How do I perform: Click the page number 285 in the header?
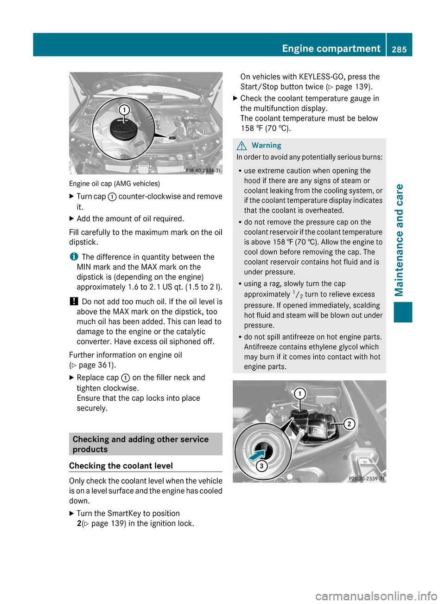coord(399,49)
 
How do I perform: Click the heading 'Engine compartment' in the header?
coord(331,48)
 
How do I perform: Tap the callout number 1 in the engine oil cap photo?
coord(124,110)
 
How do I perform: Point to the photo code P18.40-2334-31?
coord(203,170)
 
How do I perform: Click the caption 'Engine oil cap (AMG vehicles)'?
coord(114,184)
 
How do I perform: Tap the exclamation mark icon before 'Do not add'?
coord(73,302)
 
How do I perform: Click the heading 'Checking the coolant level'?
coord(121,466)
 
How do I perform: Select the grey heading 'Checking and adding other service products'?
coord(140,444)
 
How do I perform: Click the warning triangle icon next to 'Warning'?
coord(242,146)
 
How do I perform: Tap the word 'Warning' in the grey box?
coord(267,145)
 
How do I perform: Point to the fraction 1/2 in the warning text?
coord(297,294)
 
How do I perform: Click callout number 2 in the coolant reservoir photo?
coord(350,424)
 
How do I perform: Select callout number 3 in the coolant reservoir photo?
coord(261,466)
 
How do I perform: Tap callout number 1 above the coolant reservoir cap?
coord(300,394)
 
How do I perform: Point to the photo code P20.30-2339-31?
coord(366,478)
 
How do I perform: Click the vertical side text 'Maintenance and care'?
coord(399,240)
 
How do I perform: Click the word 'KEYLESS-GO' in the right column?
coord(321,77)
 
